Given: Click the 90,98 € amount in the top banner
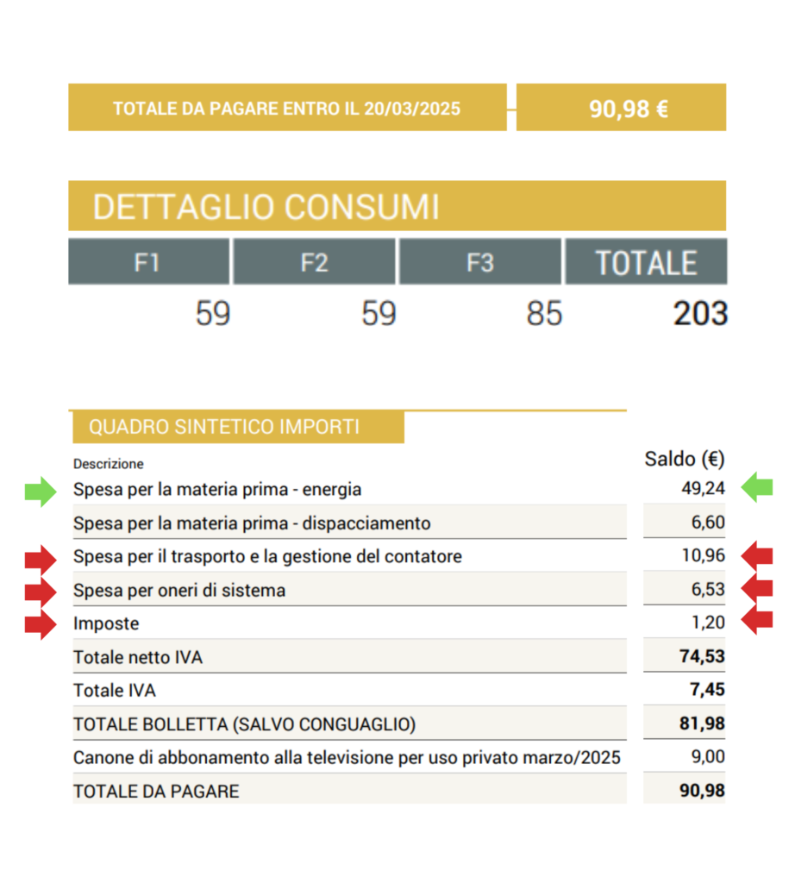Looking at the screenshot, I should click(x=629, y=109).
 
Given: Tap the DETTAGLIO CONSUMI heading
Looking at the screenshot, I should click(x=266, y=208).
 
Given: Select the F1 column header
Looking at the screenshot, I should click(x=147, y=262).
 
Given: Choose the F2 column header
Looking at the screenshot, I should click(x=314, y=262).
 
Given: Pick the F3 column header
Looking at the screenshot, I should click(x=479, y=262).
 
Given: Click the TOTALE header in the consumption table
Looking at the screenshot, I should click(x=646, y=262).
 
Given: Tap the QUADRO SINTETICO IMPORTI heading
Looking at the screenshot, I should click(x=224, y=427).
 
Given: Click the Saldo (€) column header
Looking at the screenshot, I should click(x=685, y=459).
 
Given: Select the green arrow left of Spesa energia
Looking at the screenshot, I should click(x=41, y=489).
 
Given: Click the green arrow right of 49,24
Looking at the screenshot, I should click(x=757, y=487).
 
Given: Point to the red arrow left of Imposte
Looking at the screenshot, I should click(x=41, y=623).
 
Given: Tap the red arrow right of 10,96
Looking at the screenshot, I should click(x=757, y=555).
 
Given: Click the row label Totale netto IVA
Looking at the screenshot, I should click(x=138, y=657).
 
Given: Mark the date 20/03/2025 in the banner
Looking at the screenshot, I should click(x=412, y=109).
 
